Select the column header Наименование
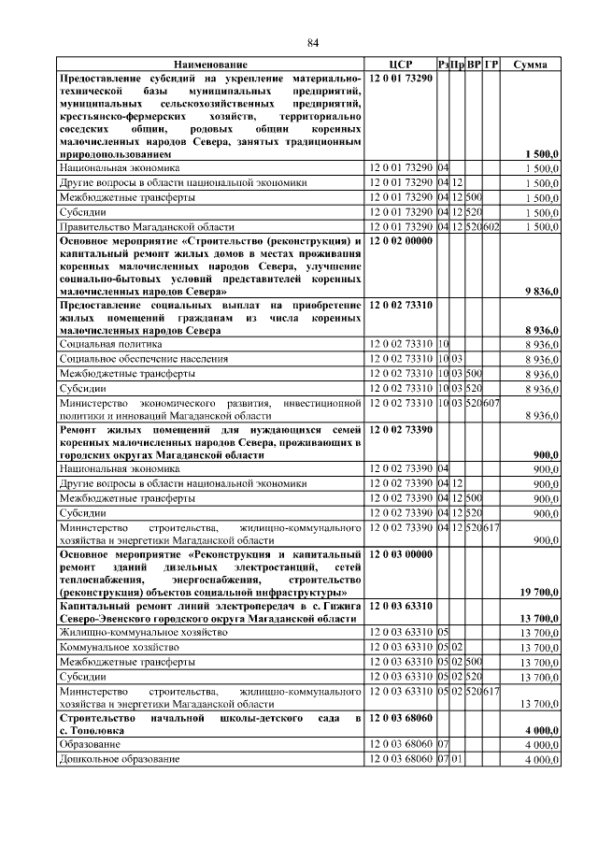(210, 65)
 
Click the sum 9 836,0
(541, 292)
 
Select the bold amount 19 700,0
(538, 593)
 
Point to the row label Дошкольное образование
(120, 759)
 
